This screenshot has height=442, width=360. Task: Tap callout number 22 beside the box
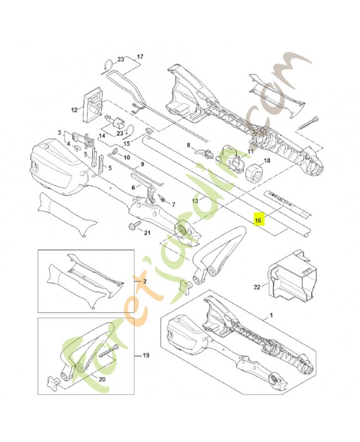[x=257, y=286]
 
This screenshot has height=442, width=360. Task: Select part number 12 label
[x=75, y=110]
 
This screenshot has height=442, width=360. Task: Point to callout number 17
[x=139, y=57]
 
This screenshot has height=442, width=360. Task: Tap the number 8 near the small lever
[x=188, y=146]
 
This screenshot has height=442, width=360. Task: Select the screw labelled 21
[x=135, y=227]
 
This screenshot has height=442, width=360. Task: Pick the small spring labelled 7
[x=162, y=198]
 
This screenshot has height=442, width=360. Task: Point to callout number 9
[x=142, y=164]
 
